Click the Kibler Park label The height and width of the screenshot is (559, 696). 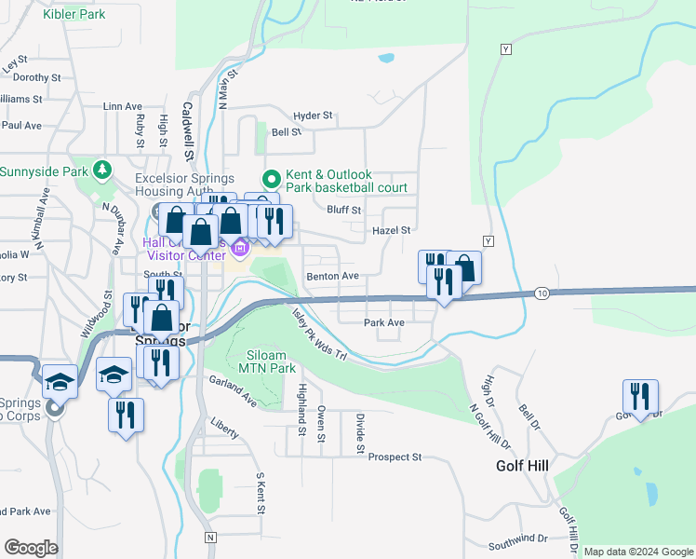pyautogui.click(x=73, y=14)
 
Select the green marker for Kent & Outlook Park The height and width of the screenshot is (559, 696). pyautogui.click(x=272, y=178)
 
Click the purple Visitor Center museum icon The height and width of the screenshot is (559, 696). pyautogui.click(x=240, y=248)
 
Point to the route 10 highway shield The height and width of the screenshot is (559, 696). pyautogui.click(x=542, y=293)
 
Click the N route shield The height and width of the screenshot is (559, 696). pyautogui.click(x=211, y=538)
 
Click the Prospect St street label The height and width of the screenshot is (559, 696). pyautogui.click(x=395, y=457)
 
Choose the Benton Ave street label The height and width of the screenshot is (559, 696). pyautogui.click(x=332, y=276)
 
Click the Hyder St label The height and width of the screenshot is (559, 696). pyautogui.click(x=313, y=116)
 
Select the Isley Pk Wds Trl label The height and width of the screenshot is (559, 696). pyautogui.click(x=319, y=336)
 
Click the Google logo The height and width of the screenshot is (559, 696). pyautogui.click(x=31, y=548)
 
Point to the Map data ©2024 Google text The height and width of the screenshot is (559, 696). pyautogui.click(x=637, y=552)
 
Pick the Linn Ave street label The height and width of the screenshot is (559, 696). pyautogui.click(x=122, y=107)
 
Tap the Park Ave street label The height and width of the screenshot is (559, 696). pyautogui.click(x=383, y=322)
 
